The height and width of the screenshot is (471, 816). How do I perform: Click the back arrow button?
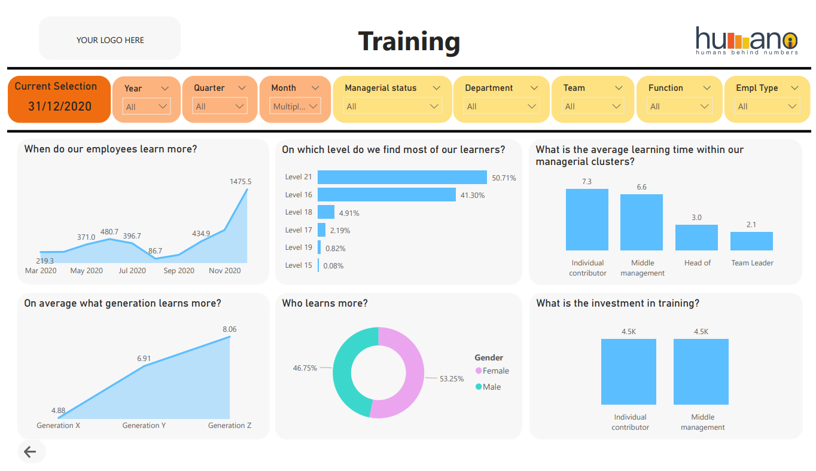click(30, 452)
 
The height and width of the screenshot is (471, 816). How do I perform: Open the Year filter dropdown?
click(147, 106)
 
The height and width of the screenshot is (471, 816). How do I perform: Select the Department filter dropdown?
click(501, 106)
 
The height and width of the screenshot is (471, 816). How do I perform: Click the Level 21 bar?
click(402, 177)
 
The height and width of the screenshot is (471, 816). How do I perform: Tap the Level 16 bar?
click(386, 195)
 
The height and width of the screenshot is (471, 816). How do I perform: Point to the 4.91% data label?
click(349, 213)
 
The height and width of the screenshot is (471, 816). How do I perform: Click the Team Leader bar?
click(751, 241)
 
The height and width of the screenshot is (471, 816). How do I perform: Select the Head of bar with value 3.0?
click(696, 237)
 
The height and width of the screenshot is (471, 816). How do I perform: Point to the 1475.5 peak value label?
click(240, 181)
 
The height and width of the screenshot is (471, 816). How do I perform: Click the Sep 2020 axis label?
click(178, 271)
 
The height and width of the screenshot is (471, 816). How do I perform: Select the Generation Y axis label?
click(144, 426)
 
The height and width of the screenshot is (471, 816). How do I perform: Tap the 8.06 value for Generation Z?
click(229, 329)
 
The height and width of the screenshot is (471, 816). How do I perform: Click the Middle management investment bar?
click(701, 372)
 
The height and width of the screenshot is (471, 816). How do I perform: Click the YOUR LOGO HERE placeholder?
click(110, 40)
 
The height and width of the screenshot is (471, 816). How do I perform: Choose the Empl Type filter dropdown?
click(768, 106)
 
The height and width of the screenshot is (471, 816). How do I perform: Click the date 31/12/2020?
click(60, 106)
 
